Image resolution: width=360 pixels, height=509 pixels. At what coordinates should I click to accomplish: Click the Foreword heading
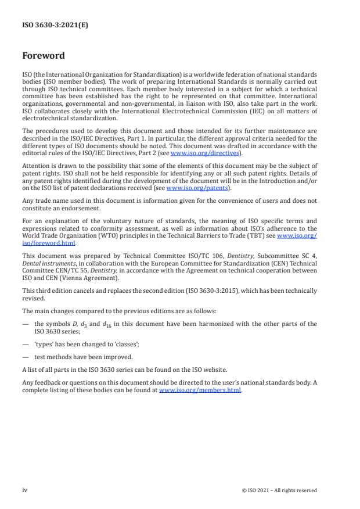pyautogui.click(x=44, y=56)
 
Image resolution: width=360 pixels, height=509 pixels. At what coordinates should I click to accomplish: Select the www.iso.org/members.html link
pyautogui.click(x=200, y=390)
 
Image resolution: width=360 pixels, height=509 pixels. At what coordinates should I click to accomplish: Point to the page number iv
pyautogui.click(x=24, y=490)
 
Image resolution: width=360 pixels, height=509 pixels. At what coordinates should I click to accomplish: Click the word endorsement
pyautogui.click(x=85, y=208)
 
